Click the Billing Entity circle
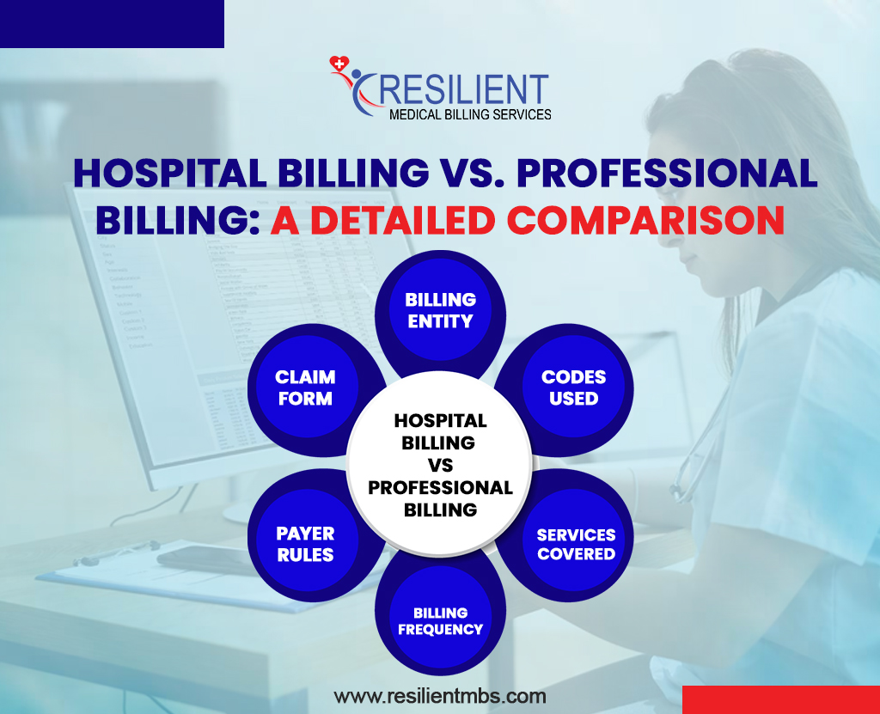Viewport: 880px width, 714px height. pyautogui.click(x=441, y=310)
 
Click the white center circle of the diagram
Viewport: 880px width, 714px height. pyautogui.click(x=440, y=464)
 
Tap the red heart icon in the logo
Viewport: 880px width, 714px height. pyautogui.click(x=339, y=64)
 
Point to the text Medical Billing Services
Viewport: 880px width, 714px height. pyautogui.click(x=470, y=114)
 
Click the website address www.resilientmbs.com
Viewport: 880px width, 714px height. pyautogui.click(x=440, y=696)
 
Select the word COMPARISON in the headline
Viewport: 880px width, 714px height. pyautogui.click(x=645, y=220)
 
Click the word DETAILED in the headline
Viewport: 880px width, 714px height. pyautogui.click(x=403, y=220)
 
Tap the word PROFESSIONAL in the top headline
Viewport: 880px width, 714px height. pyautogui.click(x=667, y=173)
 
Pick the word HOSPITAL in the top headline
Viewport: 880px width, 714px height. pyautogui.click(x=170, y=173)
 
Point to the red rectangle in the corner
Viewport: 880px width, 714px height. pyautogui.click(x=781, y=699)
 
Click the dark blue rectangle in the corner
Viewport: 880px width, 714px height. pyautogui.click(x=113, y=23)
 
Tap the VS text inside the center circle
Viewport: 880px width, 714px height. pyautogui.click(x=440, y=466)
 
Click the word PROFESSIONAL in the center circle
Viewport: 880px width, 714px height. pyautogui.click(x=440, y=487)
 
